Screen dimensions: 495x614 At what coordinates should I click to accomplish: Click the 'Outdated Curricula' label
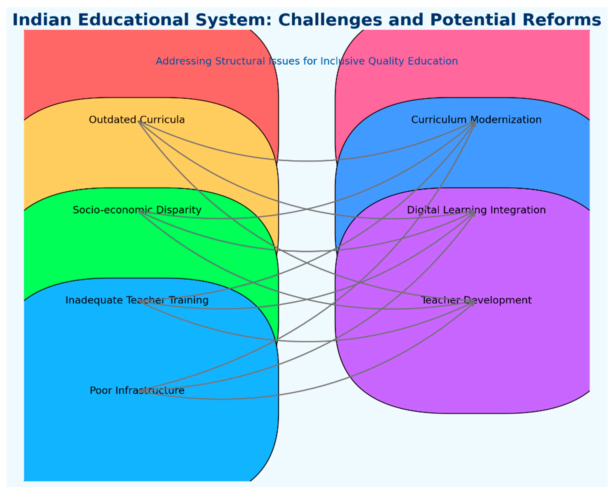pos(137,120)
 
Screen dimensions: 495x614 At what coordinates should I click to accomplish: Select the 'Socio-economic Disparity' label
pos(137,210)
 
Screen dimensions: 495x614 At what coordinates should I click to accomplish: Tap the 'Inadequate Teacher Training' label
pos(137,300)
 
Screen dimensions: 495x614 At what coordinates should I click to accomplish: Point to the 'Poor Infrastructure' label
pos(137,390)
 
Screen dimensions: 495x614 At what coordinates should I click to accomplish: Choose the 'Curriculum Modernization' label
pos(476,120)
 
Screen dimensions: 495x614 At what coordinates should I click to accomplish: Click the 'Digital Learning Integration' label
pos(476,210)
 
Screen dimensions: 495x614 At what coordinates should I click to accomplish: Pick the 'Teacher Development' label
pos(476,300)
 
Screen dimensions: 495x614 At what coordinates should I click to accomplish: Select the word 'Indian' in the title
pos(42,20)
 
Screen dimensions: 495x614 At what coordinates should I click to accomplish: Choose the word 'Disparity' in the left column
pos(179,210)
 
